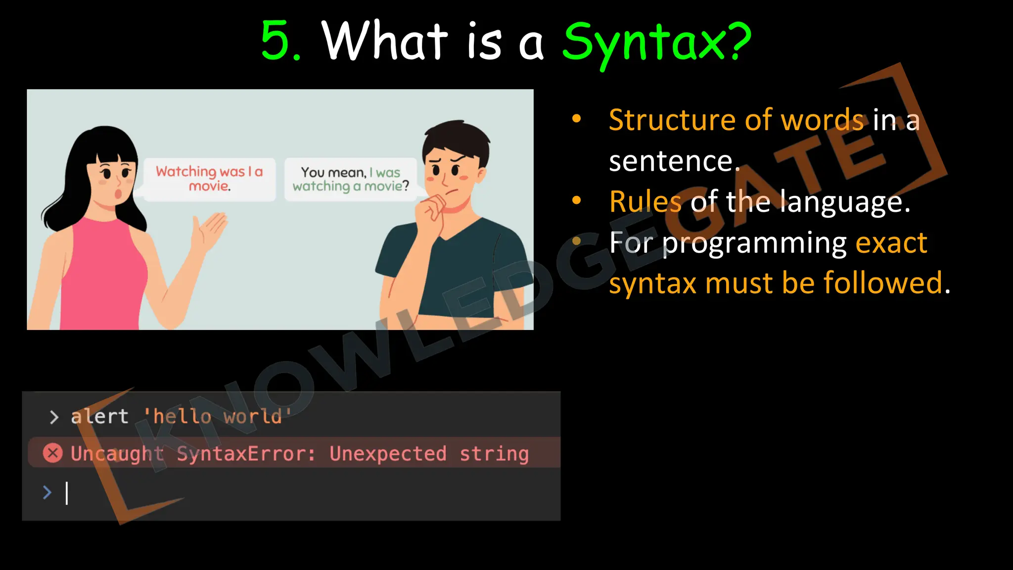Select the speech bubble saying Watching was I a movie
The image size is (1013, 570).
point(209,179)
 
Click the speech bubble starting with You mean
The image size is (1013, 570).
point(351,179)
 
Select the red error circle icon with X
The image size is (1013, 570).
point(53,453)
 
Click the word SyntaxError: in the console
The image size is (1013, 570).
point(246,454)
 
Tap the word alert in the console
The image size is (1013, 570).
point(100,417)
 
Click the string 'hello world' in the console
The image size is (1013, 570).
point(217,417)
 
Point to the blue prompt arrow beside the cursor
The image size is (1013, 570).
point(47,492)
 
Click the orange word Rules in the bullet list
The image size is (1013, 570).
point(645,202)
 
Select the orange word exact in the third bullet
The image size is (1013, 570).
point(891,243)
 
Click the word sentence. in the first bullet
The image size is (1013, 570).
point(674,161)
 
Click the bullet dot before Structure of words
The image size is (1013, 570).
point(576,119)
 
